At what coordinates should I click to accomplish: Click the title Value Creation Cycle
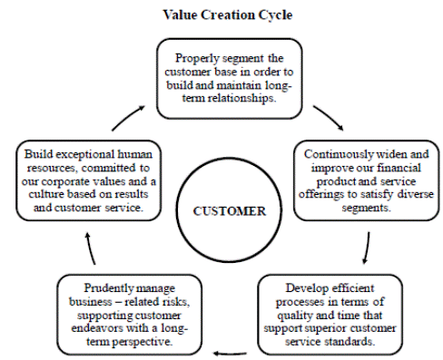pyautogui.click(x=228, y=15)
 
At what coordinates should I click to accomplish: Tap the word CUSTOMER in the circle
pyautogui.click(x=230, y=211)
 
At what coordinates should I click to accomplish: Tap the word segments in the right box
pyautogui.click(x=366, y=208)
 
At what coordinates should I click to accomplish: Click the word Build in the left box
pyautogui.click(x=38, y=154)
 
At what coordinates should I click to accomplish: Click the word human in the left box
pyautogui.click(x=134, y=154)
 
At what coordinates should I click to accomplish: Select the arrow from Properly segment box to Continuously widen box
pyautogui.click(x=330, y=116)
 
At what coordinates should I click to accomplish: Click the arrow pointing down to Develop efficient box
pyautogui.click(x=368, y=248)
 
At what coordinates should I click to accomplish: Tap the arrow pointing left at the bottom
pyautogui.click(x=230, y=353)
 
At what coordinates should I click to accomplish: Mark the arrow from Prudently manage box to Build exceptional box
pyautogui.click(x=90, y=248)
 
